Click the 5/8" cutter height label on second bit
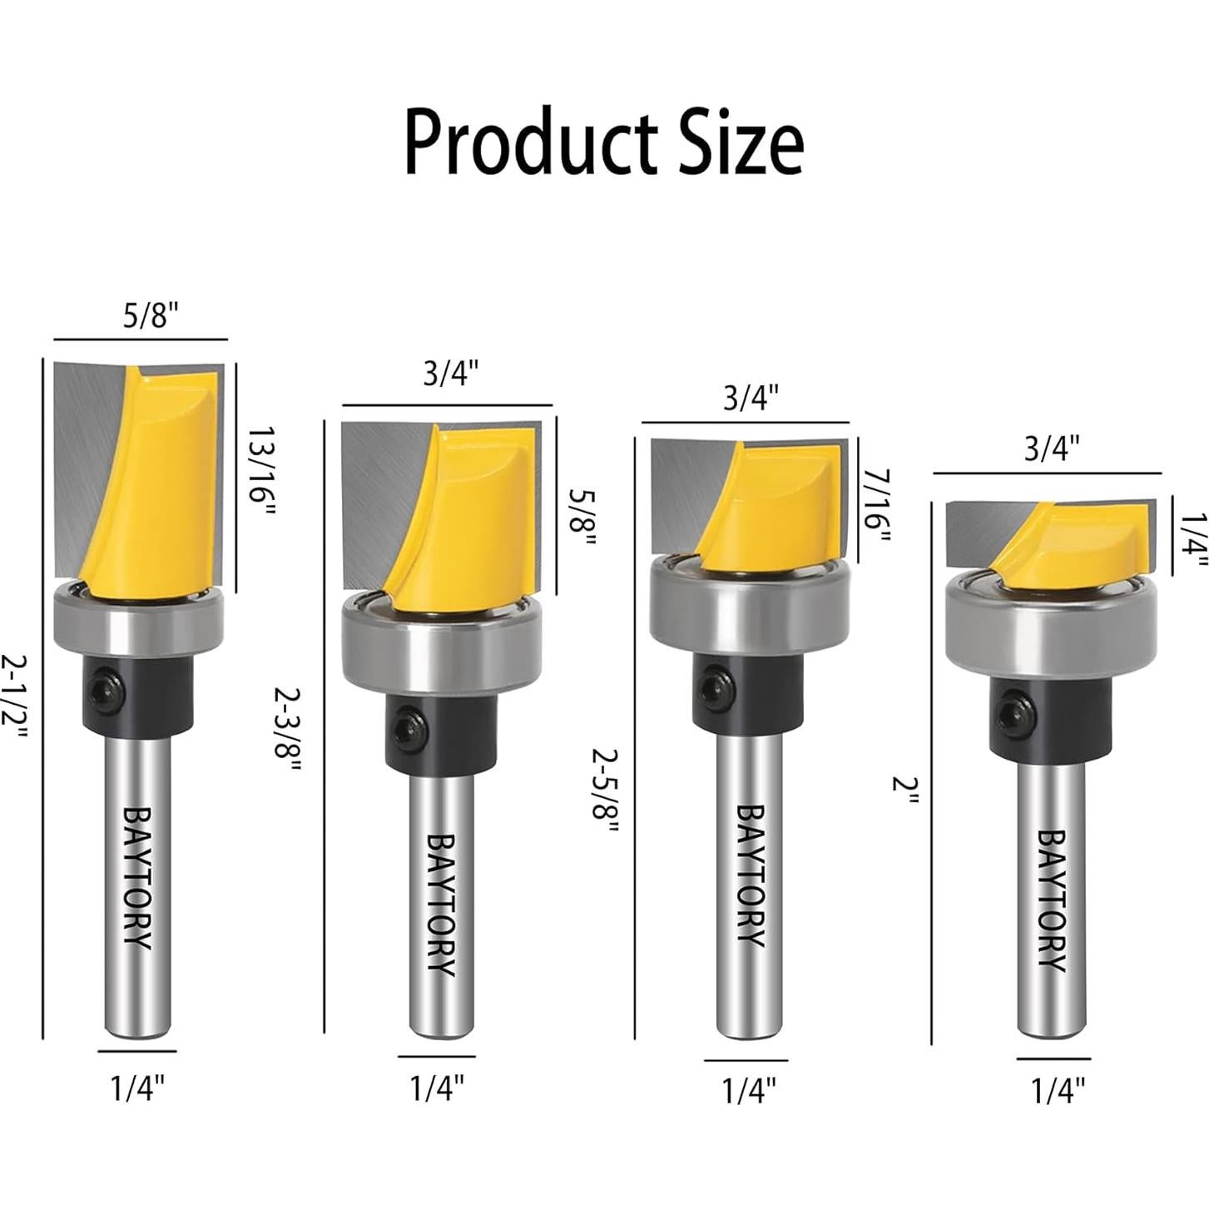tap(582, 517)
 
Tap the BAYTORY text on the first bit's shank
tap(137, 877)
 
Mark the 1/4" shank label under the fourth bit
tap(1058, 1091)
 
